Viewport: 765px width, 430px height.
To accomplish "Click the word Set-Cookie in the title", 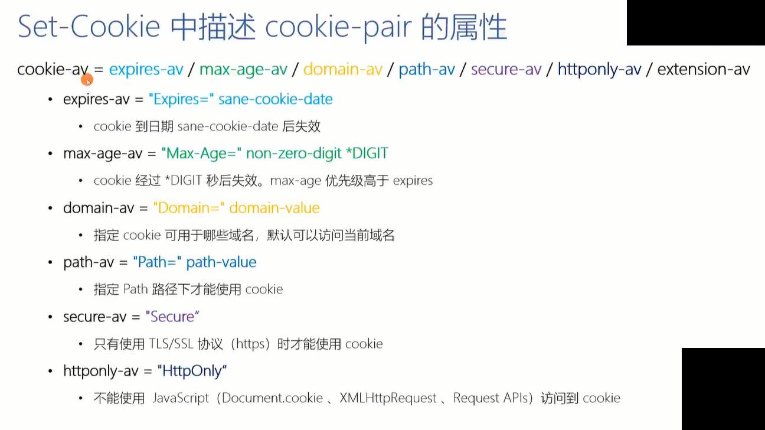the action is [x=89, y=27].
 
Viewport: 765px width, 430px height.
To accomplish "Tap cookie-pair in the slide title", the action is [x=338, y=27].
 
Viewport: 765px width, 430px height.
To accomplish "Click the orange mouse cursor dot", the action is [x=87, y=81].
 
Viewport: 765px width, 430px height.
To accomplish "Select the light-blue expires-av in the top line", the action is [x=146, y=70].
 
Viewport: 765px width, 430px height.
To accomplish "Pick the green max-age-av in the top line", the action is [x=243, y=70].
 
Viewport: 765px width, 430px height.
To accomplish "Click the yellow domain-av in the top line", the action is [x=342, y=69].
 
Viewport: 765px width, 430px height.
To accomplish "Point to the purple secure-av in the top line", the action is [x=506, y=69].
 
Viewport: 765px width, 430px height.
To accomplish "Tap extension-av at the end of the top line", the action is [x=704, y=69].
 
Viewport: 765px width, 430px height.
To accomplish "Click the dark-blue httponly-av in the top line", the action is [x=599, y=69].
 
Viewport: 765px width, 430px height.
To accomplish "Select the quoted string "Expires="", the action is [x=181, y=99].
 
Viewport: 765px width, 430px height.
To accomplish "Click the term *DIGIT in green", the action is [x=367, y=153].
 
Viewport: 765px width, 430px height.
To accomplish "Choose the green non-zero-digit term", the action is [x=293, y=154].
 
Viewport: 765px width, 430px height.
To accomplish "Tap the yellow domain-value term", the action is [x=274, y=207].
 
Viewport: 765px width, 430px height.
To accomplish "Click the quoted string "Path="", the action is [x=157, y=262].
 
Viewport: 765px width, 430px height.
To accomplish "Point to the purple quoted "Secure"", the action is [x=172, y=317].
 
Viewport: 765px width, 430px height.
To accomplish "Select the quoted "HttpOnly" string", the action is [x=192, y=371].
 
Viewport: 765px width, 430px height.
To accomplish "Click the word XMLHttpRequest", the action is [x=388, y=398].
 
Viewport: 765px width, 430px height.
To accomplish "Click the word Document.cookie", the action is [x=272, y=398].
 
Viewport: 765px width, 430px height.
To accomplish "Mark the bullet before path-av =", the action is [x=50, y=262].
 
